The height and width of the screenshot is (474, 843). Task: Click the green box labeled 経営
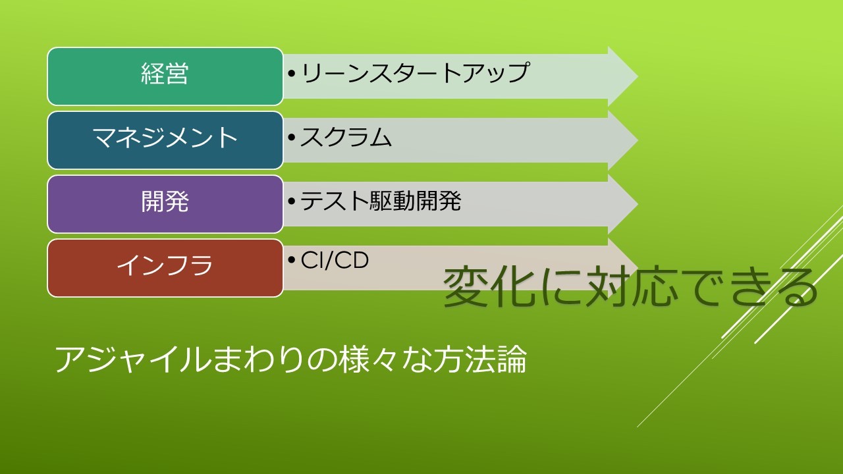point(165,76)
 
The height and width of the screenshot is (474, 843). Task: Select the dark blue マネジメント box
point(165,140)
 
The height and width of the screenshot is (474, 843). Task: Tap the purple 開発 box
point(165,204)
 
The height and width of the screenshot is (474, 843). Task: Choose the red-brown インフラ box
point(165,268)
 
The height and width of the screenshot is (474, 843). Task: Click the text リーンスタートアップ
point(415,72)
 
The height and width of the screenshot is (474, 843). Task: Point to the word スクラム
point(346,137)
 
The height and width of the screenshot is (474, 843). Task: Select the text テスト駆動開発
point(381,201)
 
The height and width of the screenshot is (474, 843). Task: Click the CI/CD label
point(335,260)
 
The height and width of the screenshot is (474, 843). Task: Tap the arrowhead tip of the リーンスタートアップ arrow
point(638,76)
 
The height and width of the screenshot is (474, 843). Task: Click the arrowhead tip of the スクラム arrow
point(638,140)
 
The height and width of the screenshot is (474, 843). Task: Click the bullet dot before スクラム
point(292,138)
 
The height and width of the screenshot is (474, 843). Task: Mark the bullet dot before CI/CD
point(292,260)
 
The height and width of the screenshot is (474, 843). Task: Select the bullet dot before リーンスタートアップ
point(292,73)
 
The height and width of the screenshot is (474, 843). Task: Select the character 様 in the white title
point(353,359)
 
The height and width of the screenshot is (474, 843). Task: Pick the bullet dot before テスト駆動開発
point(292,201)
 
